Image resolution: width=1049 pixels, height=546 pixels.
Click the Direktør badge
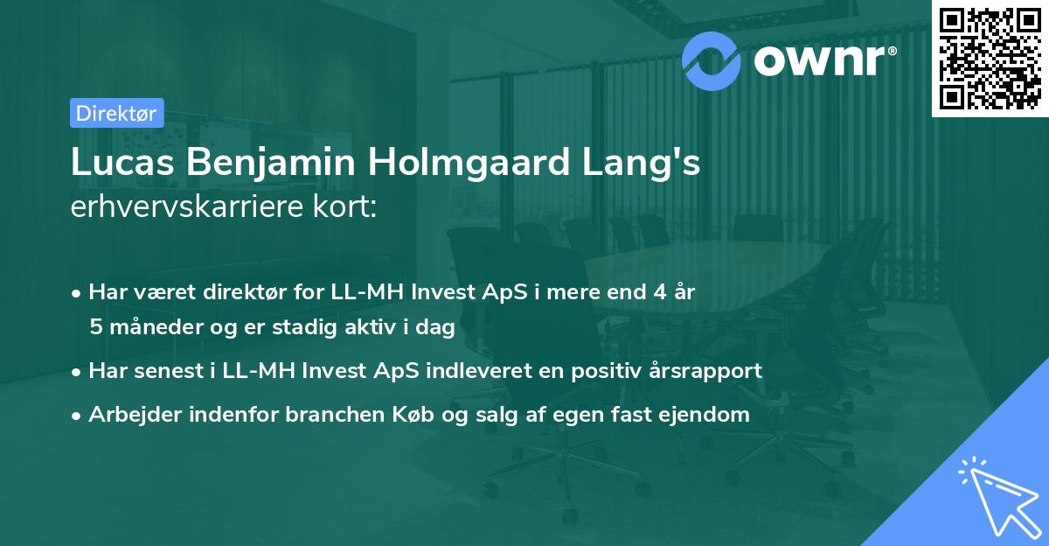(x=116, y=113)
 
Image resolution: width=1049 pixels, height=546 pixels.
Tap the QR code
(x=990, y=58)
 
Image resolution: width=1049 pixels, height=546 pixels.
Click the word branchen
(x=316, y=415)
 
